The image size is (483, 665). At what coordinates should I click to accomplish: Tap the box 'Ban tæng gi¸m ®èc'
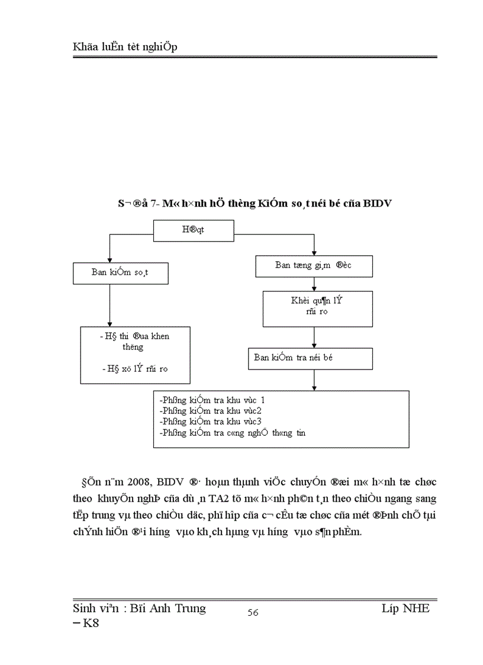point(314,266)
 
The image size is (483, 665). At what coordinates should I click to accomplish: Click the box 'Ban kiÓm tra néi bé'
point(311,358)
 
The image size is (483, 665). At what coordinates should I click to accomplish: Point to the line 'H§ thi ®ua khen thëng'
point(134,342)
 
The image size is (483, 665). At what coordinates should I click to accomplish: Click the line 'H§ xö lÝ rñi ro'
point(134,368)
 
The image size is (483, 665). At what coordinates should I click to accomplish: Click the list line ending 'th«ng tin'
point(232,432)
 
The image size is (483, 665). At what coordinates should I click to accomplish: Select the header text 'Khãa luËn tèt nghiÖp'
point(124,47)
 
